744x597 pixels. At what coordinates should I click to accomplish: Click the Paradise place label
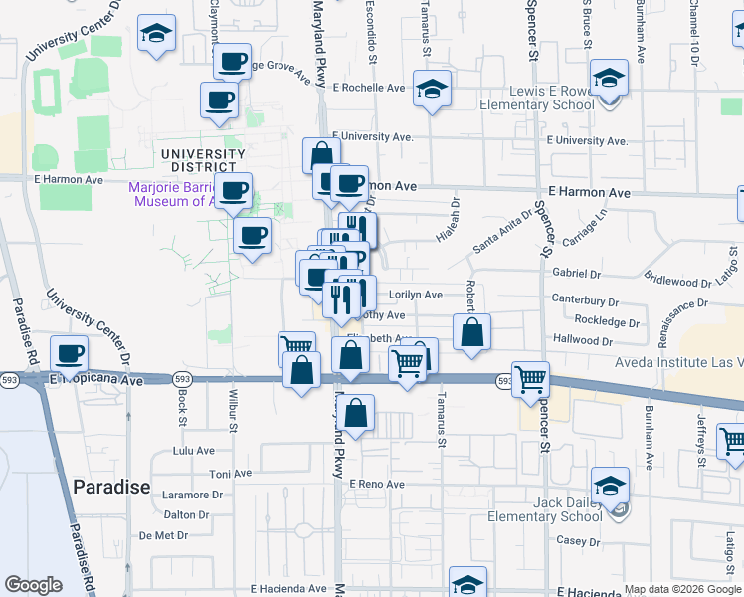tap(111, 487)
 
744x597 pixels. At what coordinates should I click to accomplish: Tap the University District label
tap(202, 160)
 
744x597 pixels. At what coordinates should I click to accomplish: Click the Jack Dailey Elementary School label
tap(545, 509)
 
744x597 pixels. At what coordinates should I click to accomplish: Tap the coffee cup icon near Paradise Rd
tap(70, 353)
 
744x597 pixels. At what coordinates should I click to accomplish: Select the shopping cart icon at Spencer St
tap(531, 378)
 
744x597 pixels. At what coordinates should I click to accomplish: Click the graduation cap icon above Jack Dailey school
tap(610, 485)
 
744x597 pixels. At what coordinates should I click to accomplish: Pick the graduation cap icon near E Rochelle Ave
tap(433, 89)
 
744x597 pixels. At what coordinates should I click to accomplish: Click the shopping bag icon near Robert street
tap(472, 332)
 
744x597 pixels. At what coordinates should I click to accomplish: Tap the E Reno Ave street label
tap(377, 484)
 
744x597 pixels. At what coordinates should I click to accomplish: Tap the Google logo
tap(34, 585)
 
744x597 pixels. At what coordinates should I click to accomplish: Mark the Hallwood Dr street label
tap(584, 339)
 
